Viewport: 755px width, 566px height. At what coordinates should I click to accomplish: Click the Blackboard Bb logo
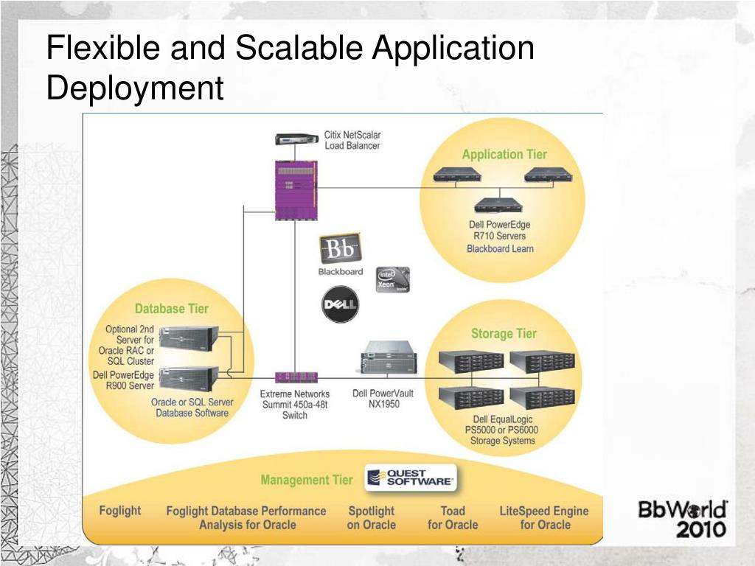[x=340, y=249]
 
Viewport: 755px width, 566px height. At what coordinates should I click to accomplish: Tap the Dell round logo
[x=340, y=304]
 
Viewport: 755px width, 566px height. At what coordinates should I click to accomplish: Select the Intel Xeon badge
[x=392, y=279]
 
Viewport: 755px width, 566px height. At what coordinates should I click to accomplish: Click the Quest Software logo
[x=411, y=478]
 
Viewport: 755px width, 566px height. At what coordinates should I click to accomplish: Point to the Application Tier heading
[x=504, y=154]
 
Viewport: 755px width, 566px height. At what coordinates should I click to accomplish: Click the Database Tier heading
[x=171, y=309]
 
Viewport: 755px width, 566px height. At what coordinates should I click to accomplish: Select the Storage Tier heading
[x=504, y=333]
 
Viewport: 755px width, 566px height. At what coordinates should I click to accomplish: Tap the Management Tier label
[x=306, y=480]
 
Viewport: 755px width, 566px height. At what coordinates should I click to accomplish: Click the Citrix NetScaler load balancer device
[x=297, y=139]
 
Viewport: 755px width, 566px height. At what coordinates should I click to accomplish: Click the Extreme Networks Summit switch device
[x=296, y=377]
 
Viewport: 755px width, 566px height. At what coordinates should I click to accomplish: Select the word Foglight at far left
[x=119, y=510]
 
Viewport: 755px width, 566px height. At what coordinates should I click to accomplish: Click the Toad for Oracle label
[x=453, y=517]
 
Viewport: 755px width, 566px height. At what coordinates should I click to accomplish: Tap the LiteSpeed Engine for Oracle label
[x=544, y=517]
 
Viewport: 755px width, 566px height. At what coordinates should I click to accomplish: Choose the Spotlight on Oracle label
[x=371, y=517]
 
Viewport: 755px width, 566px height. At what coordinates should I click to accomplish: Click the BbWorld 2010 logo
[x=682, y=518]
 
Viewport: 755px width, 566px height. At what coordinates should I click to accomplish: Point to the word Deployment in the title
[x=134, y=88]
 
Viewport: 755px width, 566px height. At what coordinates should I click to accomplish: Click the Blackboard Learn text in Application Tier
[x=500, y=248]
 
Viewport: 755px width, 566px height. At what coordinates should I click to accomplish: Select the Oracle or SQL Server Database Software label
[x=192, y=408]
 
